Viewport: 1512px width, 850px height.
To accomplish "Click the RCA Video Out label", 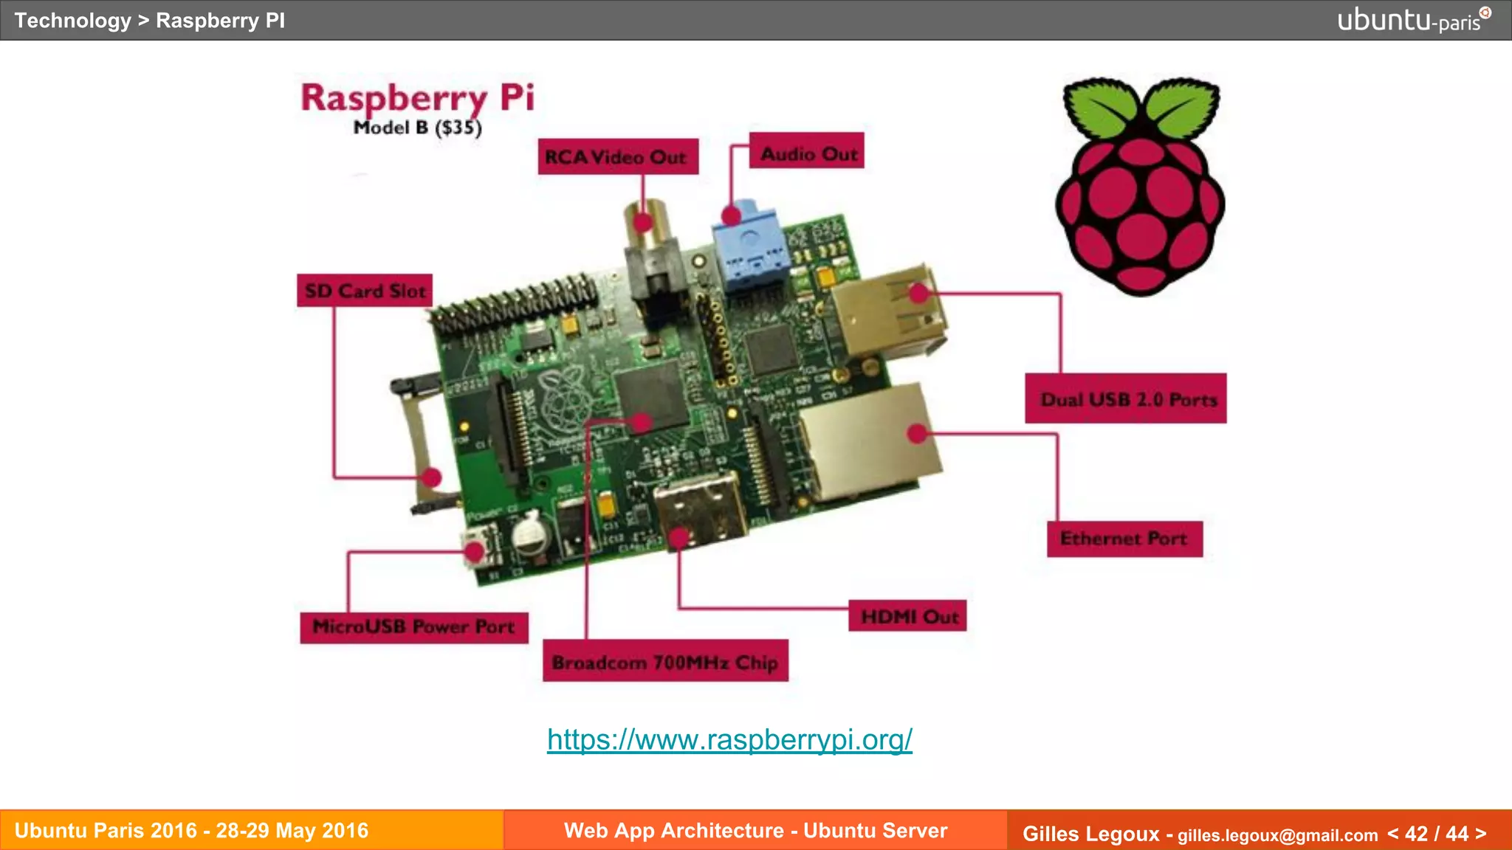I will point(617,156).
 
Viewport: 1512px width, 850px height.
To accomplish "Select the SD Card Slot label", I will point(365,291).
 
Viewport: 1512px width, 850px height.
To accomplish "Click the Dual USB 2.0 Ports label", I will point(1127,399).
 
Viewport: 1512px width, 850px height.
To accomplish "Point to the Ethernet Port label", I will point(1124,539).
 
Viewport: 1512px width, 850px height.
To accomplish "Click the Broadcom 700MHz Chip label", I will point(665,662).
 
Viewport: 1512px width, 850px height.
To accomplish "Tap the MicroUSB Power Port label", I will point(413,626).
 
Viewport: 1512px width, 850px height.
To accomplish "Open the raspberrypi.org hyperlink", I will point(729,739).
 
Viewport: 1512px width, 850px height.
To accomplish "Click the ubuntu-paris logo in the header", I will point(1412,20).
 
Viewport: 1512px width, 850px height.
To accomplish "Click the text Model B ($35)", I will point(417,128).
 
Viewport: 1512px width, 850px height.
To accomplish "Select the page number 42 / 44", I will point(1436,833).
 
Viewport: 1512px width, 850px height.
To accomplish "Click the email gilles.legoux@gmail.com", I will point(1277,835).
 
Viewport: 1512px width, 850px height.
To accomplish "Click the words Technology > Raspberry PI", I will point(150,20).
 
